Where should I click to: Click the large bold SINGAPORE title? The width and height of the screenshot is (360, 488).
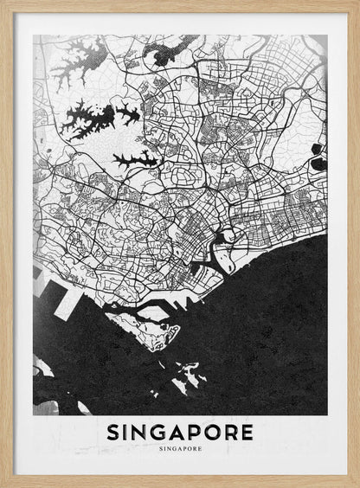181,431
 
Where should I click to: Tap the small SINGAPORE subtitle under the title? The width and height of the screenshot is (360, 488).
181,450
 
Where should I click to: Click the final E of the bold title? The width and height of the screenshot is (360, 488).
247,431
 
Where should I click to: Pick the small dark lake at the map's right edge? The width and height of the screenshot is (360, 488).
318,163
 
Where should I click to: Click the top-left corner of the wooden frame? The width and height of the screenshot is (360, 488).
3,3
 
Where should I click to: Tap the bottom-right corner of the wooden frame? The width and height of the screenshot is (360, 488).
356,484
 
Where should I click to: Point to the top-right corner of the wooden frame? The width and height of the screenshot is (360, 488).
356,3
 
